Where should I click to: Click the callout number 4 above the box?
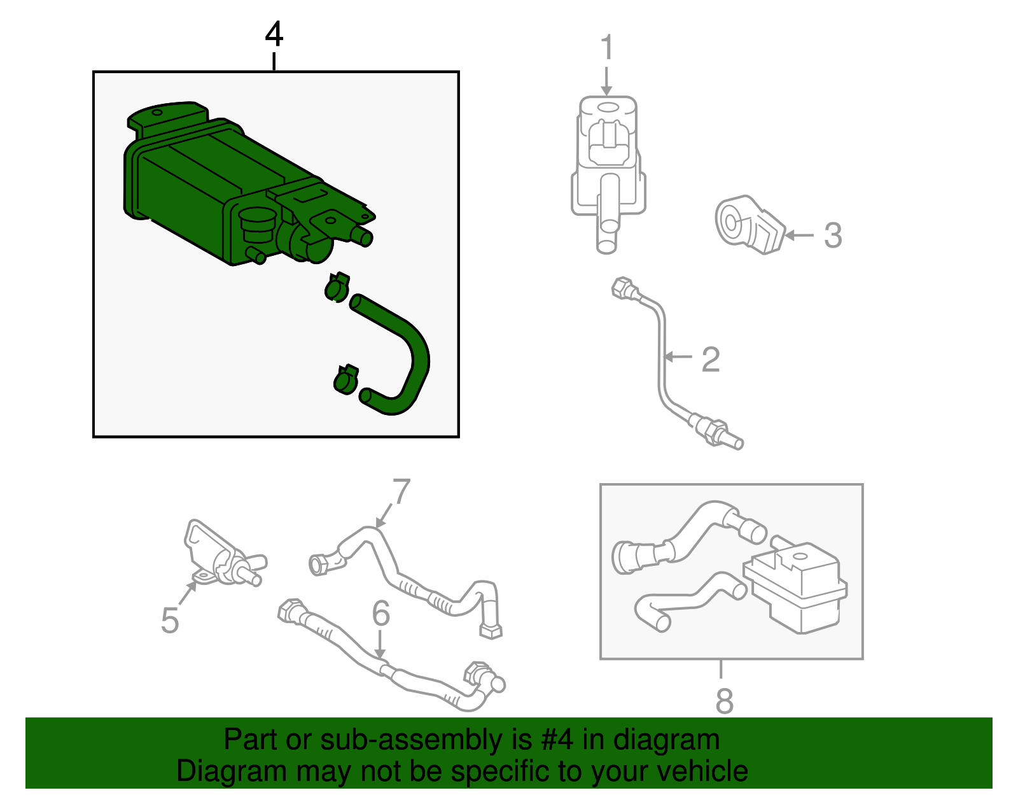[x=274, y=34]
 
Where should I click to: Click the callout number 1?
[x=607, y=47]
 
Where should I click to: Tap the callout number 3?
[x=833, y=235]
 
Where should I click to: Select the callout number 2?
[x=711, y=360]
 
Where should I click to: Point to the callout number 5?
[x=170, y=621]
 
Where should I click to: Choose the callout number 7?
[x=401, y=491]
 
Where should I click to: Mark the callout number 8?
[x=724, y=701]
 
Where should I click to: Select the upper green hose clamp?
[x=337, y=286]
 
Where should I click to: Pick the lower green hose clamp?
[x=346, y=379]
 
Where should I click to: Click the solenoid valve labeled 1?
[x=608, y=173]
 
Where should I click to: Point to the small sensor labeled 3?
[x=750, y=225]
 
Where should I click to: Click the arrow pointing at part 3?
[x=800, y=235]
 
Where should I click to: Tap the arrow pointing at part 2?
[x=678, y=357]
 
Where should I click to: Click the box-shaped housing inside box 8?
[x=795, y=588]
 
